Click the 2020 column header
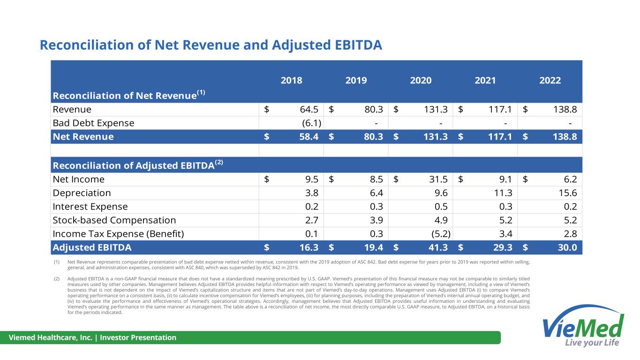point(421,80)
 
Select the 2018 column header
point(291,80)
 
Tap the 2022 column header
point(550,80)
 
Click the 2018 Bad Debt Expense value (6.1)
point(311,123)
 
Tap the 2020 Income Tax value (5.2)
point(438,234)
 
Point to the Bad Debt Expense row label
point(93,123)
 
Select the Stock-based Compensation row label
point(114,220)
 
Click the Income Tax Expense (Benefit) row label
point(118,234)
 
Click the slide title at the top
point(211,45)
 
